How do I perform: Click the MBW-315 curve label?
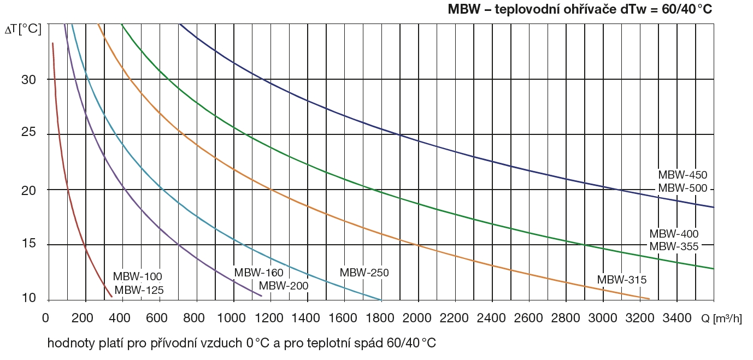point(621,280)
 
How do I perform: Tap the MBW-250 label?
point(364,273)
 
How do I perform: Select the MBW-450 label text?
point(683,175)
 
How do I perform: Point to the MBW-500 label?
point(683,188)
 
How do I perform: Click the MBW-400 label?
point(674,234)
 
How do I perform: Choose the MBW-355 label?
point(674,246)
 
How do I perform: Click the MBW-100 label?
point(138,277)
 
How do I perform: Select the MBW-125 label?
point(139,290)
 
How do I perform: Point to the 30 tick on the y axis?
point(29,80)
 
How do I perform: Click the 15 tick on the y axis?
point(29,244)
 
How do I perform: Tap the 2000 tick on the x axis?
point(418,317)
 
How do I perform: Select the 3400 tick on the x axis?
point(676,317)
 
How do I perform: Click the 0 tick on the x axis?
point(46,317)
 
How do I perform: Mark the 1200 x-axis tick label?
point(270,317)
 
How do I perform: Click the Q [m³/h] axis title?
point(721,318)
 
